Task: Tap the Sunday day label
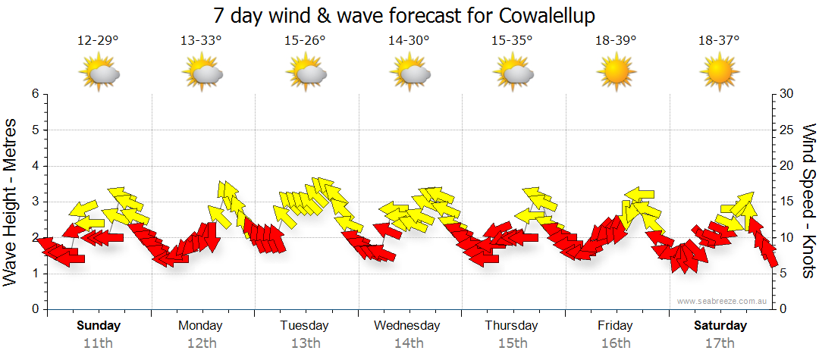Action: coord(99,326)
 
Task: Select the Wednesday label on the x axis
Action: coord(407,326)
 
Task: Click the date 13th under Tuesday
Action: coord(306,343)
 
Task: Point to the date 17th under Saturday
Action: coord(720,343)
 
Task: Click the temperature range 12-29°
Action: coord(99,41)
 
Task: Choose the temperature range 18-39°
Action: coord(616,41)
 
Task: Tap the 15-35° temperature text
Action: coord(512,41)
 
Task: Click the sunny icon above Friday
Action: coord(616,73)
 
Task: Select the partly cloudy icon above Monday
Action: coord(202,73)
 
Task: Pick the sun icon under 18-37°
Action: coord(719,73)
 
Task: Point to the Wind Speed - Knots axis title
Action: coord(808,201)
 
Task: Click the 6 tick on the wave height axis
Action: coord(34,94)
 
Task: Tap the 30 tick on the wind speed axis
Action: coord(788,94)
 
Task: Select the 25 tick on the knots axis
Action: coord(788,130)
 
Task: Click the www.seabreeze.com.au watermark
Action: coord(723,302)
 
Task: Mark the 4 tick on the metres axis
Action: coord(34,166)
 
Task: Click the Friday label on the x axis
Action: coord(615,326)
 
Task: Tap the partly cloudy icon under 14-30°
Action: coord(409,73)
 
